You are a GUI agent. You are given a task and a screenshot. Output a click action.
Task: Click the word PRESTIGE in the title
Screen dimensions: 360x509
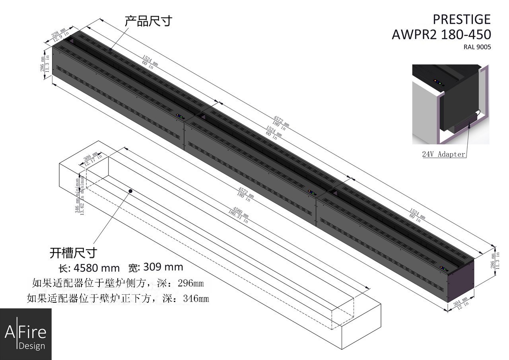pos(461,19)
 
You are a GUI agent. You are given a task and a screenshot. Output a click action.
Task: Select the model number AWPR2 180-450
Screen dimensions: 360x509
pos(441,35)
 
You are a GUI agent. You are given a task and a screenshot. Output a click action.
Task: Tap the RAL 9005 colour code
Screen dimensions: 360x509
pos(477,47)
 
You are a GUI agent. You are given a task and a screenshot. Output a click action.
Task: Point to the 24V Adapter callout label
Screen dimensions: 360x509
pos(443,154)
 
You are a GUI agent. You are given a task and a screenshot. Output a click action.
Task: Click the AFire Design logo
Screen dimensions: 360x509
pos(25,334)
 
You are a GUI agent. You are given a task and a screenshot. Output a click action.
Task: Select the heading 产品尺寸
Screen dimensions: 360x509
pos(148,21)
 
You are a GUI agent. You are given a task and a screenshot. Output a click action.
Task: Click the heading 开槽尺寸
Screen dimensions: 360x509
pos(73,252)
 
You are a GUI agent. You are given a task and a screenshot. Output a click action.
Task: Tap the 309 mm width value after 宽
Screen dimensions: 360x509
pos(163,267)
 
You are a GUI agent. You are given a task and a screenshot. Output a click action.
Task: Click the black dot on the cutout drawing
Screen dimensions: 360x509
pos(130,191)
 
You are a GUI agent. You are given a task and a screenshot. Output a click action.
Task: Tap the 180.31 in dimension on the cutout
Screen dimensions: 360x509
pos(237,217)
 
